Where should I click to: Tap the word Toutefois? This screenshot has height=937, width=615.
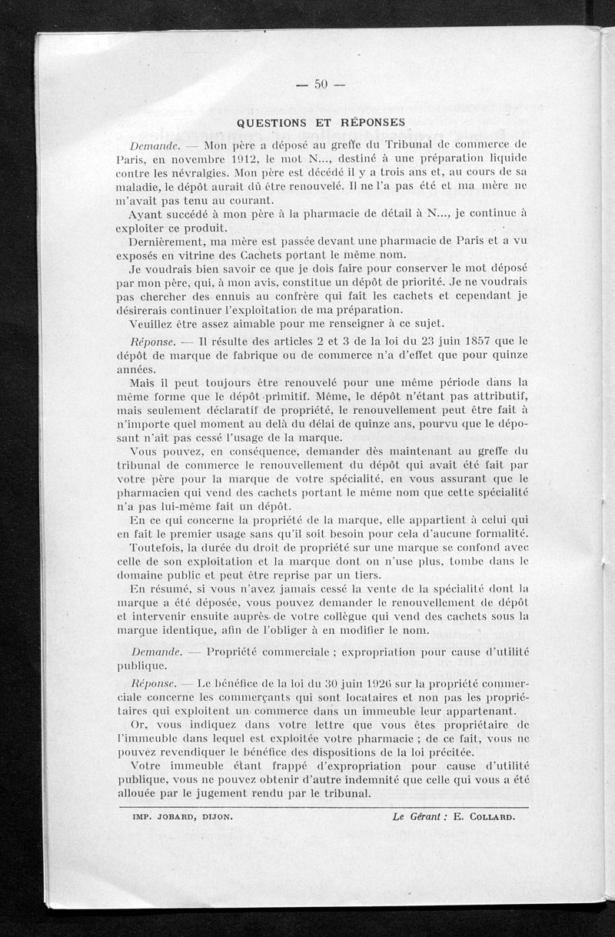[156, 546]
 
